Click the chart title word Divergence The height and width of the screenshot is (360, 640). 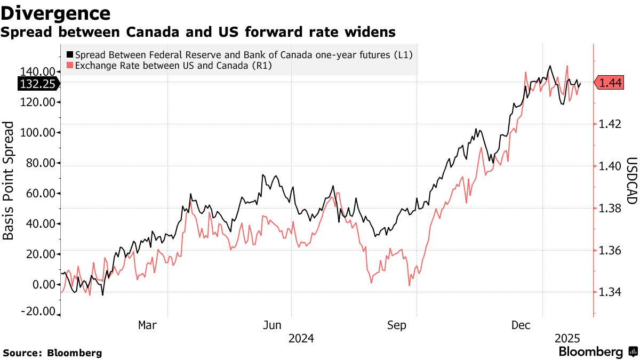(56, 13)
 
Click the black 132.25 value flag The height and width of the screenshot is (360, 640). (38, 84)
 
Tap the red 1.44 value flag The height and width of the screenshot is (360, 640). (609, 83)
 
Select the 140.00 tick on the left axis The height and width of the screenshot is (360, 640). (38, 71)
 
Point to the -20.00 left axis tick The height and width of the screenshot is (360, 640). (38, 311)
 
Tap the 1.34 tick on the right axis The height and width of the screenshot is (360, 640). (610, 292)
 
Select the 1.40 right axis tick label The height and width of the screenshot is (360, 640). (610, 166)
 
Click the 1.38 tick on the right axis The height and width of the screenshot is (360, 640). (610, 208)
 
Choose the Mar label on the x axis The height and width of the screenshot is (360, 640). (147, 325)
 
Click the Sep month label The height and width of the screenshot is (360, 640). (397, 325)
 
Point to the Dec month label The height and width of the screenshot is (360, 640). (521, 325)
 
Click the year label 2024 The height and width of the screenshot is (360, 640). (301, 338)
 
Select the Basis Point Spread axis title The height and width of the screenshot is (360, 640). (9, 188)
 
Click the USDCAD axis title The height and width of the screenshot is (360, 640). (631, 180)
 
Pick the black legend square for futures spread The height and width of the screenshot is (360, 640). (70, 54)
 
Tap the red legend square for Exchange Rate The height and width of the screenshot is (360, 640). (70, 66)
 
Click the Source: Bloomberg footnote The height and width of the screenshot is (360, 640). (52, 353)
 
